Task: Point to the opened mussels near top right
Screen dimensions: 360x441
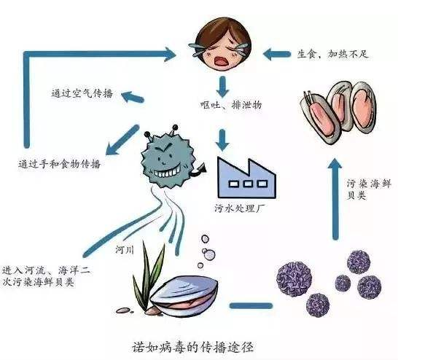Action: [341, 109]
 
